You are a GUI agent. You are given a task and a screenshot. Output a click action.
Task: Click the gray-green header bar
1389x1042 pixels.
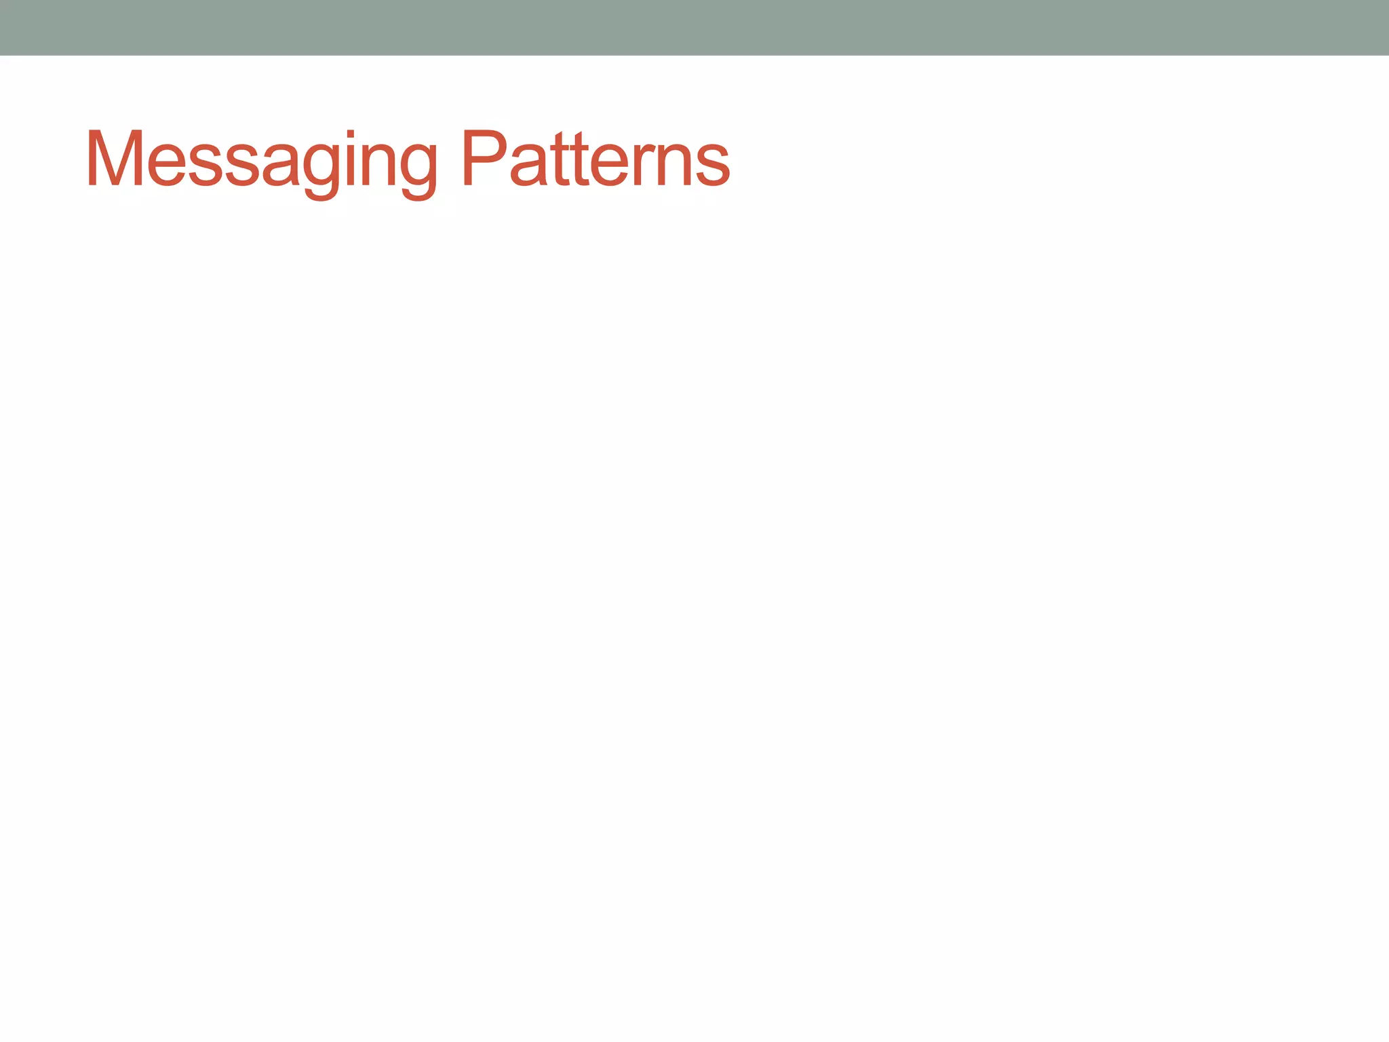point(694,27)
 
